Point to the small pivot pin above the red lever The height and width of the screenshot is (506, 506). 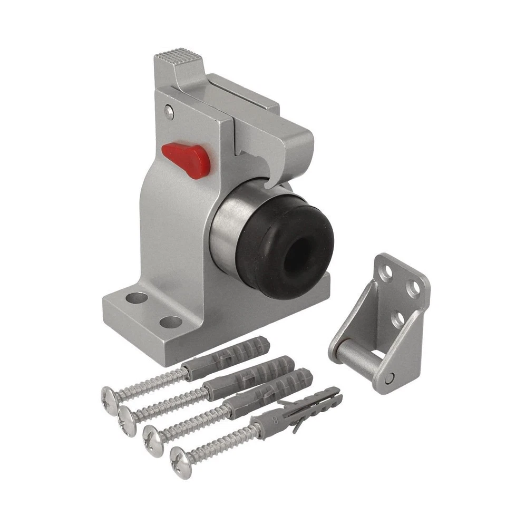coord(168,110)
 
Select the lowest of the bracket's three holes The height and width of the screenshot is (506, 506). coord(397,318)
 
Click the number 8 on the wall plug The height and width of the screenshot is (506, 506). coord(274,421)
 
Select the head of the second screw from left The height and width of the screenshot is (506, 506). coord(126,416)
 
